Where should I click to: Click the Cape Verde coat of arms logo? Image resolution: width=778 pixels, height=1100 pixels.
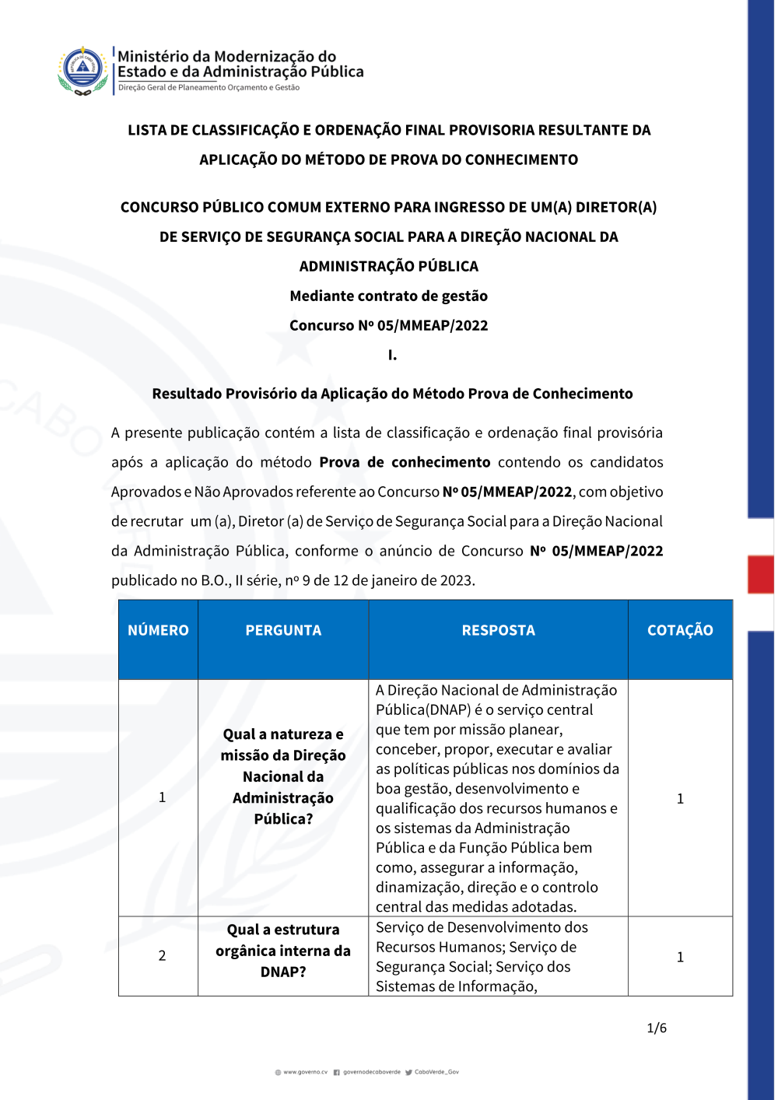click(82, 70)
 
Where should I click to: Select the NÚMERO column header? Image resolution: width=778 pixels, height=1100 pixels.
click(158, 630)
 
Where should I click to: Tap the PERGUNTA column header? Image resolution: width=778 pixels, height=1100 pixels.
click(283, 630)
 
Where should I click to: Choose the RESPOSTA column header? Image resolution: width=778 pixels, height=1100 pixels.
click(498, 630)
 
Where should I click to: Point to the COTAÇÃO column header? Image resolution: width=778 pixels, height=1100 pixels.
click(680, 630)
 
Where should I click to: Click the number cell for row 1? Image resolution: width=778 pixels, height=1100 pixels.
click(162, 797)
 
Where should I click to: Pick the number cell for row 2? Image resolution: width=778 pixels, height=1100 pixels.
click(162, 955)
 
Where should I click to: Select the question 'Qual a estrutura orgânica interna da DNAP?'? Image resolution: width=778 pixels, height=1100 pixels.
click(283, 951)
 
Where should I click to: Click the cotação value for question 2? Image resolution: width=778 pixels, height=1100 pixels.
click(680, 957)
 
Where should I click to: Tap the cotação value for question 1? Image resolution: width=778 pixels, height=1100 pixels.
click(680, 798)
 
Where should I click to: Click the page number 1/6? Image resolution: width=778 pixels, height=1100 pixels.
click(657, 1028)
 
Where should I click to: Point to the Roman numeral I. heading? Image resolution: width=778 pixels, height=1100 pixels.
click(392, 355)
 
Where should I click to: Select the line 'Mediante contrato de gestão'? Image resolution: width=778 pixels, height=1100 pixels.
click(389, 296)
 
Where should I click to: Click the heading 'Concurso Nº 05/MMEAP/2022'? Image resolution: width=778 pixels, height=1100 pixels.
click(389, 325)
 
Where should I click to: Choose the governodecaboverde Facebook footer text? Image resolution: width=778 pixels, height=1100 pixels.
click(371, 1072)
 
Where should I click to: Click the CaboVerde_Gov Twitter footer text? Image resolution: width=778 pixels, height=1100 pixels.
click(436, 1072)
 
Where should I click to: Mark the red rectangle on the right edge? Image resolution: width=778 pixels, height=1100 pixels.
click(760, 574)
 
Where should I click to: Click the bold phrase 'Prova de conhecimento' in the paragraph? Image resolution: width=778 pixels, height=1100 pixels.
click(405, 462)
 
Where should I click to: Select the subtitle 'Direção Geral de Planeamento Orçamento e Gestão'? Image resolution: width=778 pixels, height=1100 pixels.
click(209, 88)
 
